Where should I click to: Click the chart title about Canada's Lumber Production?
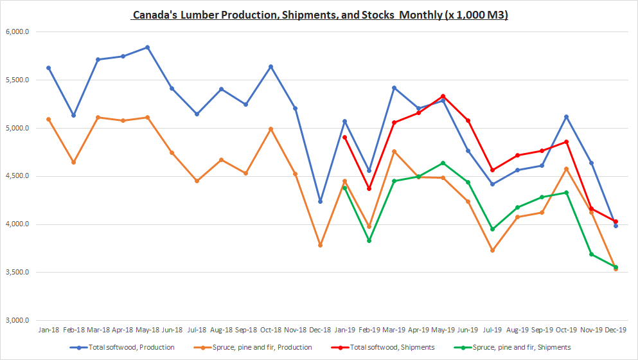(x=319, y=15)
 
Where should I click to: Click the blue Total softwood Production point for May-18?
(x=147, y=47)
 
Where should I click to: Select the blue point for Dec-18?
(x=320, y=201)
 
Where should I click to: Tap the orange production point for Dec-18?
(x=320, y=245)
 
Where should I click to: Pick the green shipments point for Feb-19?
(x=369, y=240)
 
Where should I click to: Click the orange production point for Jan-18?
(x=49, y=119)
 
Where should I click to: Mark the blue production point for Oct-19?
(x=567, y=116)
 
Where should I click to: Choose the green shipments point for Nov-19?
(x=591, y=254)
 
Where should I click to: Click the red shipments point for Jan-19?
(x=345, y=137)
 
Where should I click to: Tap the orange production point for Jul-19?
(x=493, y=250)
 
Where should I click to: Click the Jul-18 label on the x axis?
(x=197, y=329)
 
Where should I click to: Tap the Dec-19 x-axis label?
(x=616, y=329)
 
